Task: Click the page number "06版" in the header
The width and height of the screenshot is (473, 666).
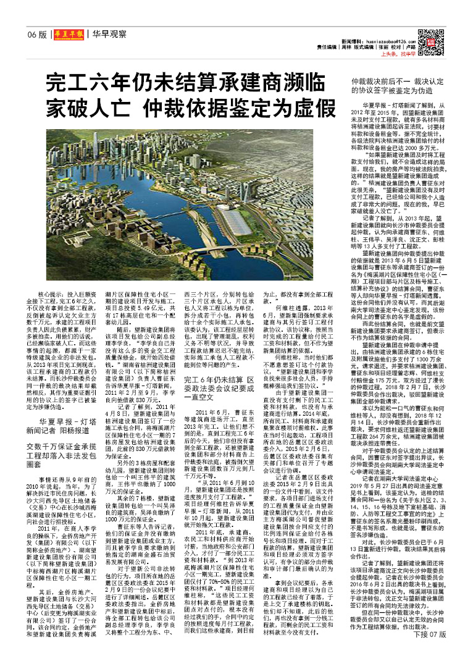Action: click(x=37, y=35)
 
